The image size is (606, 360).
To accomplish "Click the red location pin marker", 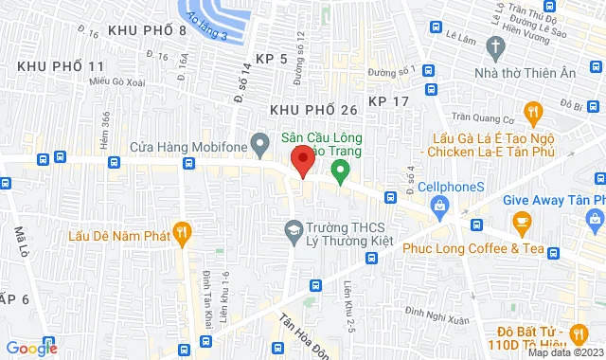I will (302, 159).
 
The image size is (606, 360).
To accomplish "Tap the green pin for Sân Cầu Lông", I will (340, 171).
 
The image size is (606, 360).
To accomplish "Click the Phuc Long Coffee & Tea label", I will (458, 249).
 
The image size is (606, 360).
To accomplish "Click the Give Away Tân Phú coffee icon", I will (522, 222).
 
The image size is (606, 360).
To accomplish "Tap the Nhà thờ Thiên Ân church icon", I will (494, 46).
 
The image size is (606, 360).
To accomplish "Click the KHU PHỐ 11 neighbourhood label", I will (60, 66).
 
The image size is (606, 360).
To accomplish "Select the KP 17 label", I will (389, 100).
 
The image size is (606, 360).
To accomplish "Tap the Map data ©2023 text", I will (564, 352).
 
